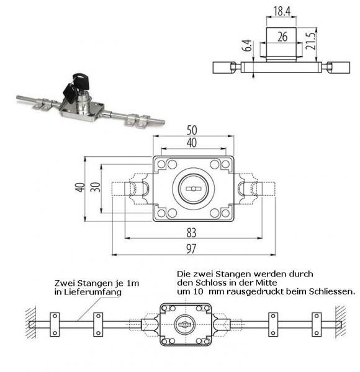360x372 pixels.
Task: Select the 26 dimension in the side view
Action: (x=282, y=38)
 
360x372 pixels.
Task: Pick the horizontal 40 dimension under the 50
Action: (x=193, y=143)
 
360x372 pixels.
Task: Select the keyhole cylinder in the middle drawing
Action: (x=193, y=186)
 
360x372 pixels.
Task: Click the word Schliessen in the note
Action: (x=334, y=291)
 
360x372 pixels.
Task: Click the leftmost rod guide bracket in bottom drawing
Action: (x=54, y=324)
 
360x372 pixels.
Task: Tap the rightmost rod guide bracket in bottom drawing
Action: (x=317, y=324)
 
